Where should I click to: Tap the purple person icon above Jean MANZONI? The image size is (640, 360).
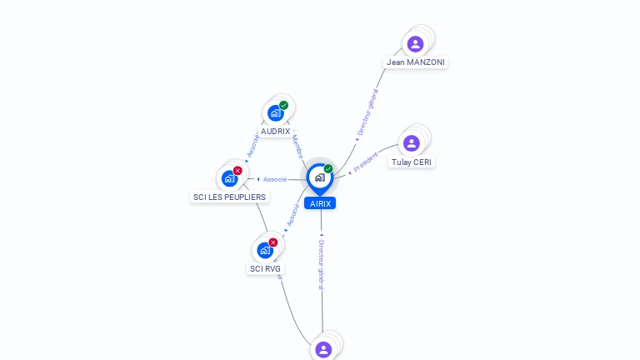(x=415, y=43)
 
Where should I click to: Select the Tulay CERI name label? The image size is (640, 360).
(x=412, y=162)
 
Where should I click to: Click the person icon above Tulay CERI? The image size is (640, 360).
(x=411, y=143)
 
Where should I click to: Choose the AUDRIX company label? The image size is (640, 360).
(x=275, y=132)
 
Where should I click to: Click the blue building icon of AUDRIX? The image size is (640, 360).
(x=275, y=113)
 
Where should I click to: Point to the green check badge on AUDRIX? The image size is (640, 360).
(x=284, y=106)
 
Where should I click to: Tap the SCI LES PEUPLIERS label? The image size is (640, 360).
(x=229, y=197)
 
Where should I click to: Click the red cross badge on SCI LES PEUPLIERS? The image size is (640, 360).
(x=237, y=171)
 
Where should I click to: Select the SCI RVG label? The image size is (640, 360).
(x=266, y=269)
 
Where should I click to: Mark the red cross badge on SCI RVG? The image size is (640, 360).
(x=273, y=242)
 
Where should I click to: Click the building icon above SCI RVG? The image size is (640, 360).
(x=264, y=250)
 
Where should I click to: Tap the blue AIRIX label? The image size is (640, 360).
(x=320, y=203)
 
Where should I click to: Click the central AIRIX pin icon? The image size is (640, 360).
(x=319, y=177)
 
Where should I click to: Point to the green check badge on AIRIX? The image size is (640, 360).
(x=328, y=169)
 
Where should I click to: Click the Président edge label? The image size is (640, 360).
(x=365, y=162)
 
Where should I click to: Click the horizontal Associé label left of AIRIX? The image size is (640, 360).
(x=275, y=179)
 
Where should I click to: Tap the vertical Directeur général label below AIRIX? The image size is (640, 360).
(x=322, y=263)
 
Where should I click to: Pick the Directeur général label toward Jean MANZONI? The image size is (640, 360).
(x=367, y=112)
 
